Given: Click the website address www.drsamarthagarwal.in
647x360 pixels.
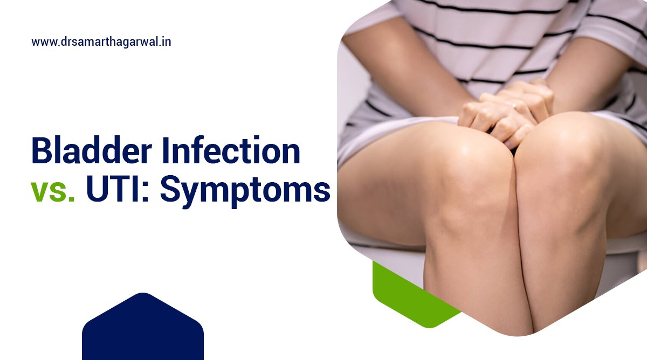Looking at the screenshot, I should point(101,41).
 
